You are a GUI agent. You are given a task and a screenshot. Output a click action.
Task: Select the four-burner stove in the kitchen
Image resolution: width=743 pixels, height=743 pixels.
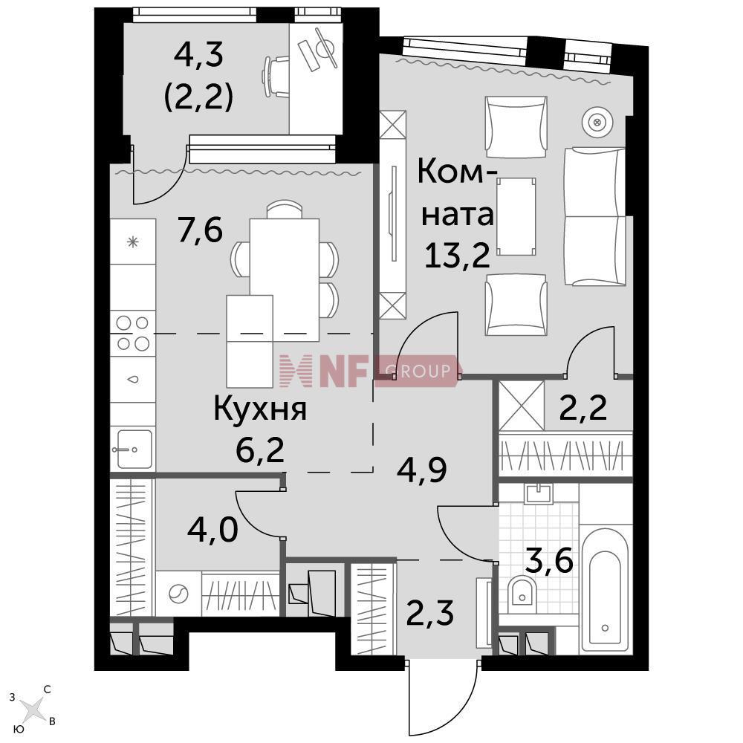click(x=133, y=333)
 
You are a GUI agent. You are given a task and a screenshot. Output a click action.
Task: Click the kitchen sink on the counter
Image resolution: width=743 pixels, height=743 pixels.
click(x=133, y=448)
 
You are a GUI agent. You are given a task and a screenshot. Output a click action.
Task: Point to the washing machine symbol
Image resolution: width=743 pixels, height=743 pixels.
click(x=178, y=593)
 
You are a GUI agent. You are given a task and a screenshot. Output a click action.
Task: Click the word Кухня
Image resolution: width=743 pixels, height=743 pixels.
click(x=260, y=409)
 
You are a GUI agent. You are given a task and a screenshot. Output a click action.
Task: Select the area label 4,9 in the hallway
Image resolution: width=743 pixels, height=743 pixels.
click(x=421, y=470)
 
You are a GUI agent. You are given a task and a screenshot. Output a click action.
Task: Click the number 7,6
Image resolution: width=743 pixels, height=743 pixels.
click(x=200, y=230)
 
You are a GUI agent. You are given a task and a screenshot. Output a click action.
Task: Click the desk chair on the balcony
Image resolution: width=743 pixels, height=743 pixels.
click(x=276, y=76)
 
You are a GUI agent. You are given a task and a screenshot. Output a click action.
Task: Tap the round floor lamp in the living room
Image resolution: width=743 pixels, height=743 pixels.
click(x=597, y=123)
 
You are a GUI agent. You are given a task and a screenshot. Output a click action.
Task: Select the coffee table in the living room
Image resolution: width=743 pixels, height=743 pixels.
click(x=516, y=216)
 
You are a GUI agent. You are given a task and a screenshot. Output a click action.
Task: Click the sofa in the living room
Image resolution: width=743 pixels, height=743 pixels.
click(x=594, y=216)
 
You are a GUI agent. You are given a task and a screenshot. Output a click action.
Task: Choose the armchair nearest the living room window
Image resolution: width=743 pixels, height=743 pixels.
click(x=516, y=127)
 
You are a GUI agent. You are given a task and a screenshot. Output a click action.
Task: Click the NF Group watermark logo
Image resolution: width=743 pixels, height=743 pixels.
click(x=369, y=371)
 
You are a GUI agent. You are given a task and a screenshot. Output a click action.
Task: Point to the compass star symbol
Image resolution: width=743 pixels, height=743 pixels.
click(x=32, y=709)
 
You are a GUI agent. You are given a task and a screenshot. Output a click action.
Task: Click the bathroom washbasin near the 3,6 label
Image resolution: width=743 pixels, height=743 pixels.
click(x=539, y=494)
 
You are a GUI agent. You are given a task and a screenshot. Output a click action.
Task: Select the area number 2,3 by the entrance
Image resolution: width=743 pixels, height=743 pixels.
click(x=430, y=613)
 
